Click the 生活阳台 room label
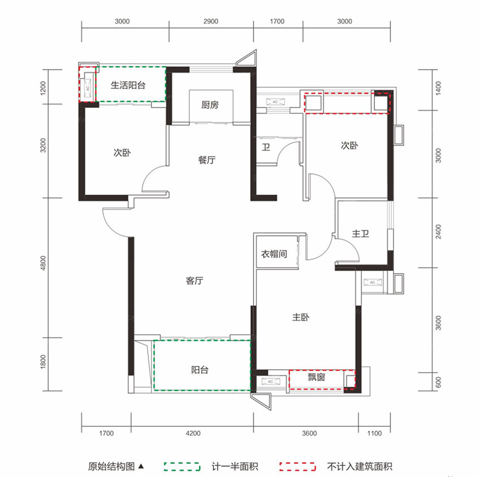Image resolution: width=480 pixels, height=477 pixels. click(x=128, y=86)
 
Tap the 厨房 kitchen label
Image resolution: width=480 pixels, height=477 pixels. click(x=210, y=104)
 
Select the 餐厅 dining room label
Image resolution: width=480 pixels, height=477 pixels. click(x=207, y=160)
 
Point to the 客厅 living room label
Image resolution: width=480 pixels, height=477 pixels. click(x=194, y=281)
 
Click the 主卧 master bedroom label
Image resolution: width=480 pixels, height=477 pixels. click(x=300, y=318)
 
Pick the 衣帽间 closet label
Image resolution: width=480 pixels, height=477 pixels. click(x=274, y=254)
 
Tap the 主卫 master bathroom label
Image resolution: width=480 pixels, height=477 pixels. click(x=361, y=233)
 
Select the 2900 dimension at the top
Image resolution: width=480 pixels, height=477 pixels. click(x=210, y=22)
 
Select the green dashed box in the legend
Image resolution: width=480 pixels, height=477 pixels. click(x=182, y=467)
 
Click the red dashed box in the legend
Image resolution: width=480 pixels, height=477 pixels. click(x=297, y=467)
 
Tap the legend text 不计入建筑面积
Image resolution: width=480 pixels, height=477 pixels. click(x=359, y=467)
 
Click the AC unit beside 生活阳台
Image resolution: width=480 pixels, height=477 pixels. click(x=88, y=85)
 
